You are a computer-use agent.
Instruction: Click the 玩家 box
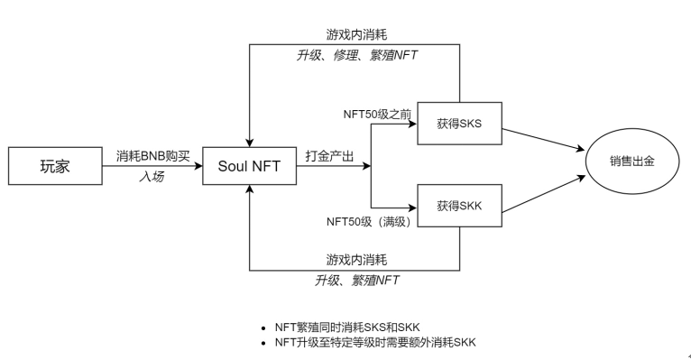point(55,166)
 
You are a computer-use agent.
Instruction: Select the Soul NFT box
point(250,166)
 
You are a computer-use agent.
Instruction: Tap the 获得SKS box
point(460,124)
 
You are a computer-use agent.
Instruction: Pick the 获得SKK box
point(460,206)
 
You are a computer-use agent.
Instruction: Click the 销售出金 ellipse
point(632,162)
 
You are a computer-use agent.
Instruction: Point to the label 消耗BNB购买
point(153,156)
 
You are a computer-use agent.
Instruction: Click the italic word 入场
point(152,177)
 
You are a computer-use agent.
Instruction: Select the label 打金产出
point(329,156)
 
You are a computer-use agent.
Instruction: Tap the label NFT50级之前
point(377,115)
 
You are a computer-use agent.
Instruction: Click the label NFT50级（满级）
point(369,222)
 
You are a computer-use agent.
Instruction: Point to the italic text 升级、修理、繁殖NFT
point(357,56)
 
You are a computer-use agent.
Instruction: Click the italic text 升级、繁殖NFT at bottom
point(357,281)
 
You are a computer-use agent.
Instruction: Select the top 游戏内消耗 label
point(357,34)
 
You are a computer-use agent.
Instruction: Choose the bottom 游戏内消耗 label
point(357,260)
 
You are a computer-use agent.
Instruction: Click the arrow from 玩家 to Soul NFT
point(152,166)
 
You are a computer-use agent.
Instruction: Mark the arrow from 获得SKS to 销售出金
point(544,140)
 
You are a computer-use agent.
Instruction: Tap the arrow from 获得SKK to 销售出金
point(544,194)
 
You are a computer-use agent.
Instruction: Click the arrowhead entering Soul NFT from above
point(250,143)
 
